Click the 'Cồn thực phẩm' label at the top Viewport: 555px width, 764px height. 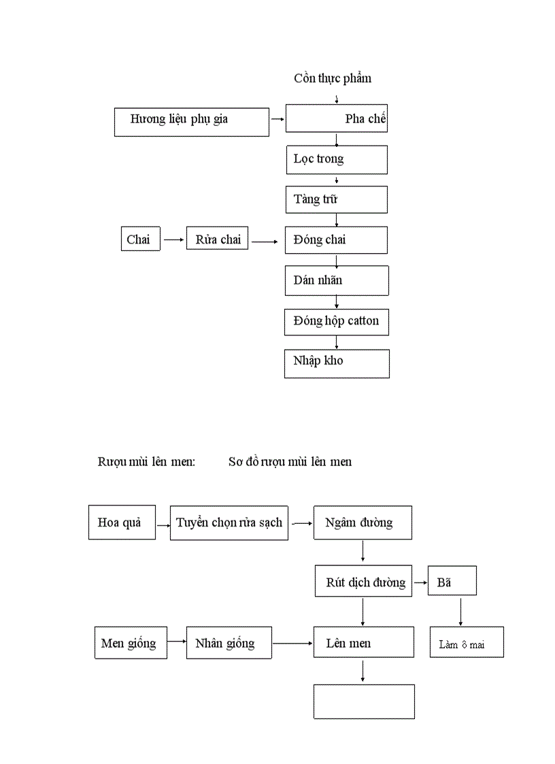(x=333, y=78)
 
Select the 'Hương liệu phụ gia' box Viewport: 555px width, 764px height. (x=192, y=122)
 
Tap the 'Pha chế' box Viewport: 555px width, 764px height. (x=337, y=118)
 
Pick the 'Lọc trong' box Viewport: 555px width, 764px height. (x=337, y=160)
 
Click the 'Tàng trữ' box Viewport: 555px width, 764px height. (x=337, y=199)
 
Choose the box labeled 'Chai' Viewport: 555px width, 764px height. (x=141, y=239)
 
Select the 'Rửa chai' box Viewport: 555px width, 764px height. (x=218, y=239)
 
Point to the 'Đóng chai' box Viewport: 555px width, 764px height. (x=337, y=240)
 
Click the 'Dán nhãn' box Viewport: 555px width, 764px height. (x=337, y=280)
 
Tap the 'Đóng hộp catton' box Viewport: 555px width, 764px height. (x=337, y=321)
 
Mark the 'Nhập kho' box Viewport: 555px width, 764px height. (x=337, y=363)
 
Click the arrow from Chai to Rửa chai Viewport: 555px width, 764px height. (x=173, y=239)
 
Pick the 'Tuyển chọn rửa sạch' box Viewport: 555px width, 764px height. (x=229, y=522)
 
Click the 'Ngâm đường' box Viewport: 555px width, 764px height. (x=363, y=522)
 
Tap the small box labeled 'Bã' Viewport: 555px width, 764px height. (x=452, y=580)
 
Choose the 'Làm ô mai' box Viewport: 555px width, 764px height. (x=467, y=642)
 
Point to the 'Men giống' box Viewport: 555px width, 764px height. (x=129, y=643)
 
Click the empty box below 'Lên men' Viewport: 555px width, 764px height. (x=364, y=701)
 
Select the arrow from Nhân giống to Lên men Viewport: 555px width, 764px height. (x=292, y=643)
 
